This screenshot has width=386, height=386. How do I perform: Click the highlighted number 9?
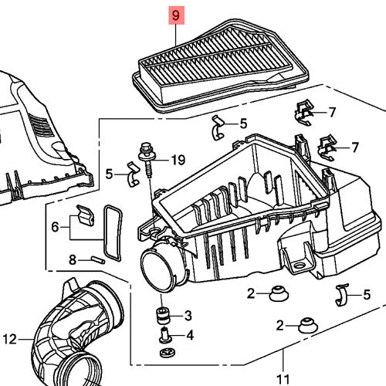(x=176, y=15)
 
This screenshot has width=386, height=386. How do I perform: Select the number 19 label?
(x=178, y=160)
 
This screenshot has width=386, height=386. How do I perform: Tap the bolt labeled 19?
(x=146, y=160)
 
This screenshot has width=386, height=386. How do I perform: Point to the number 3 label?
(x=188, y=316)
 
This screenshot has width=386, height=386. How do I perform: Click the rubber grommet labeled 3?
(x=164, y=315)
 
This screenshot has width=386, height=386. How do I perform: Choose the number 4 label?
(x=190, y=335)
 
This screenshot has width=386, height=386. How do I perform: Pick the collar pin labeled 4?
(x=164, y=334)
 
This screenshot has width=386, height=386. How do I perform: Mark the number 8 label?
(x=73, y=260)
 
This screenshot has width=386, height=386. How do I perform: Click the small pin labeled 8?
(x=98, y=259)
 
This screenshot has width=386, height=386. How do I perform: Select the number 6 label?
(x=55, y=227)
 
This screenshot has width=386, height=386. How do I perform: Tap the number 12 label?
(x=10, y=340)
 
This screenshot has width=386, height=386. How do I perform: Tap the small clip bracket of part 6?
(x=86, y=215)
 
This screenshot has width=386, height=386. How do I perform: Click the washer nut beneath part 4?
(x=168, y=353)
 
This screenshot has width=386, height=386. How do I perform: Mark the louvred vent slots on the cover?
(x=41, y=125)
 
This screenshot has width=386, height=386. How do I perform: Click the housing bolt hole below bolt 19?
(x=155, y=230)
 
